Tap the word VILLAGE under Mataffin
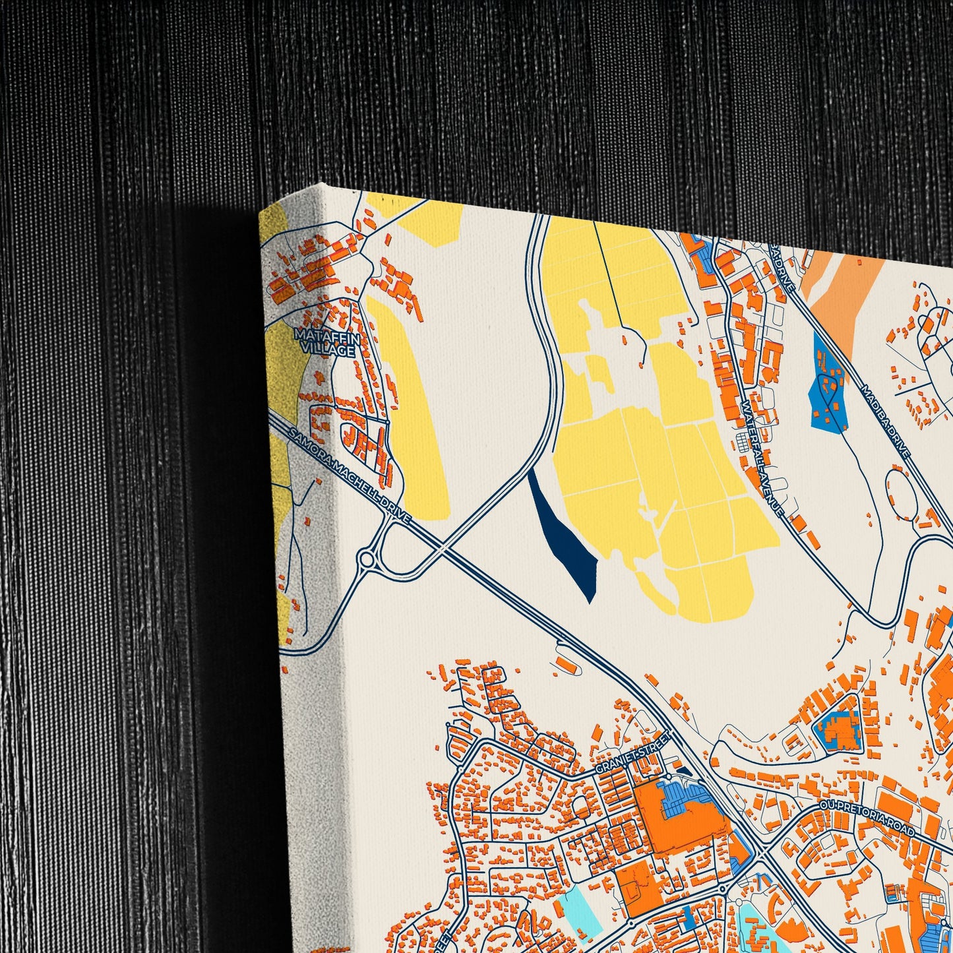tap(334, 351)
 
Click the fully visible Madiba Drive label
tap(886, 422)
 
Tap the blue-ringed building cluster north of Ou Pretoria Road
tap(839, 729)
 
